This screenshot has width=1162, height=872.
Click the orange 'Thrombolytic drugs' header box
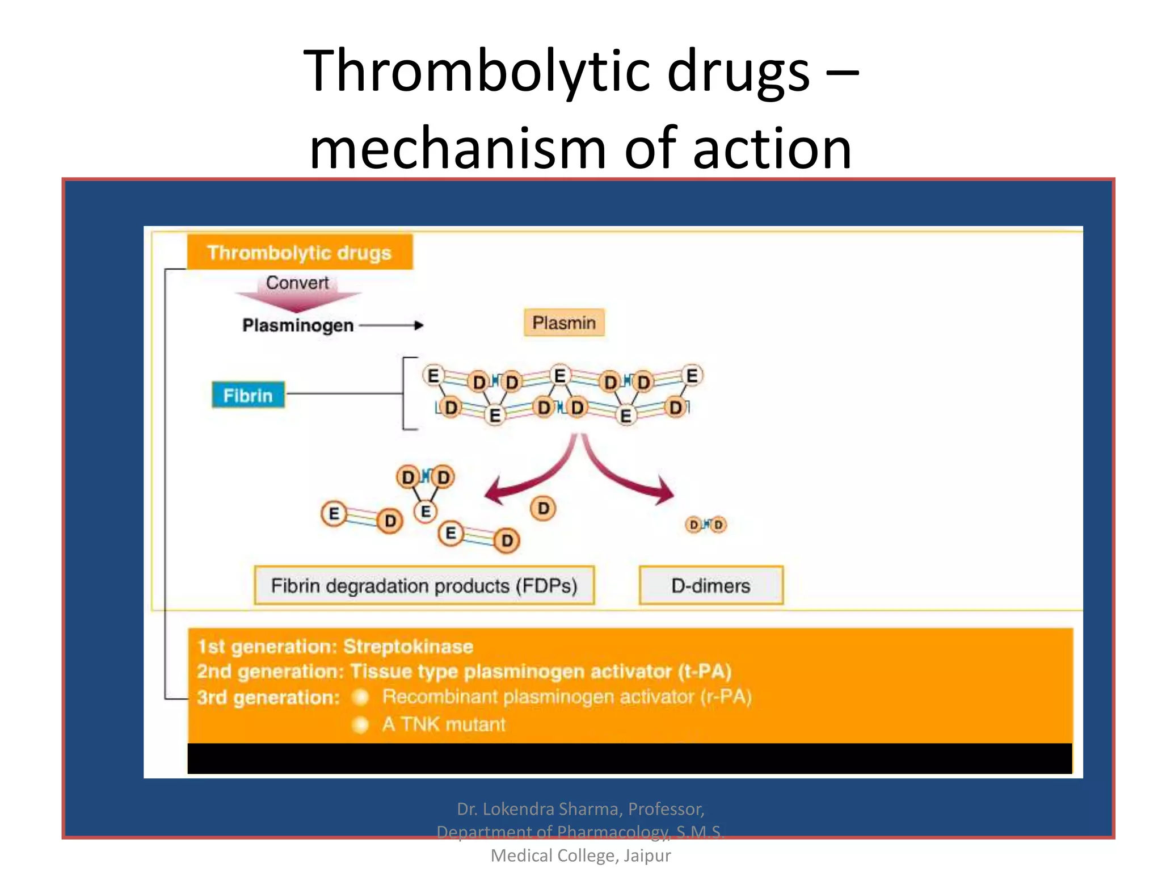300,252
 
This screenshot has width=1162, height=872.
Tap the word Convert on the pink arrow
297,283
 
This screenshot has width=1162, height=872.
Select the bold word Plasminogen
298,325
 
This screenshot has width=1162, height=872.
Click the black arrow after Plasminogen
391,325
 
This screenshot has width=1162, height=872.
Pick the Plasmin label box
564,323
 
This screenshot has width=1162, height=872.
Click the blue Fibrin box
248,395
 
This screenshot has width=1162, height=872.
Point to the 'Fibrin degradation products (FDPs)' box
424,585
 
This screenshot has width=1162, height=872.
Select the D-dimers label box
710,585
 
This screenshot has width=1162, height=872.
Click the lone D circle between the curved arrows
543,508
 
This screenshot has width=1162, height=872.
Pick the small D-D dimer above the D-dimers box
705,525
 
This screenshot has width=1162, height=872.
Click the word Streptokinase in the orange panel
408,647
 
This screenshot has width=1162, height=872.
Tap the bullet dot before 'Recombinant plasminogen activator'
361,697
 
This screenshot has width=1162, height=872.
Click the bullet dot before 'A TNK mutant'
361,724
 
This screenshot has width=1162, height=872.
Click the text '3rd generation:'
268,697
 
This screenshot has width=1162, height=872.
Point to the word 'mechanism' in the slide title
458,149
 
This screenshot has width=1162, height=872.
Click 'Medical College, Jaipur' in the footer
580,856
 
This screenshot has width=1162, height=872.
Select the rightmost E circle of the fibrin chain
692,376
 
